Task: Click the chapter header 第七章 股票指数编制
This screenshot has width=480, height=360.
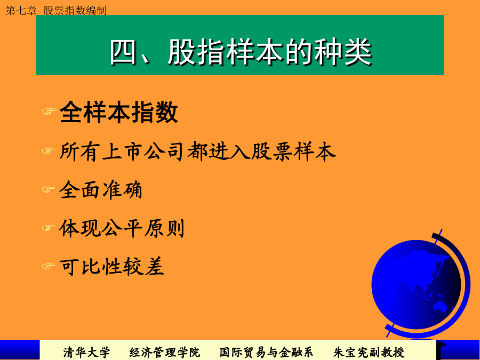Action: click(56, 11)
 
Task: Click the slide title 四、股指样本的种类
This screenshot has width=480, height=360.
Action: click(241, 52)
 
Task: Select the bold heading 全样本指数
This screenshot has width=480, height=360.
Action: click(119, 112)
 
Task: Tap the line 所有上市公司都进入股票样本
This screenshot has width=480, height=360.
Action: click(198, 151)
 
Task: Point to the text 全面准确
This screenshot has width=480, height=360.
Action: click(101, 190)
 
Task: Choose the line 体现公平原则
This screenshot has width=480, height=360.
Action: click(122, 228)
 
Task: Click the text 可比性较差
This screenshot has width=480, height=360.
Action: click(112, 266)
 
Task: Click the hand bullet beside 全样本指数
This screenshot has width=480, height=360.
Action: click(49, 111)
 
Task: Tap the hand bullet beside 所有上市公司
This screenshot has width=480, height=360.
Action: click(49, 151)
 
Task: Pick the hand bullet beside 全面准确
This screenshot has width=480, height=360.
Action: click(49, 190)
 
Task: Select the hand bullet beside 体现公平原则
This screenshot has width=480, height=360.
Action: click(49, 228)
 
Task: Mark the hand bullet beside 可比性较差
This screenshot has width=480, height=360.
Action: click(49, 266)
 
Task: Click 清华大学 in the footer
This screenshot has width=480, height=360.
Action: click(86, 353)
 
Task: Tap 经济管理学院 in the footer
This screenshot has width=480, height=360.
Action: click(164, 353)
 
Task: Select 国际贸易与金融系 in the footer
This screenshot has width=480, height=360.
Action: click(266, 353)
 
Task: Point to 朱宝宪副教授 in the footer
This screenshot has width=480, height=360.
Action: click(369, 353)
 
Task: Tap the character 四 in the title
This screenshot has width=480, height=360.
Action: click(123, 52)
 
